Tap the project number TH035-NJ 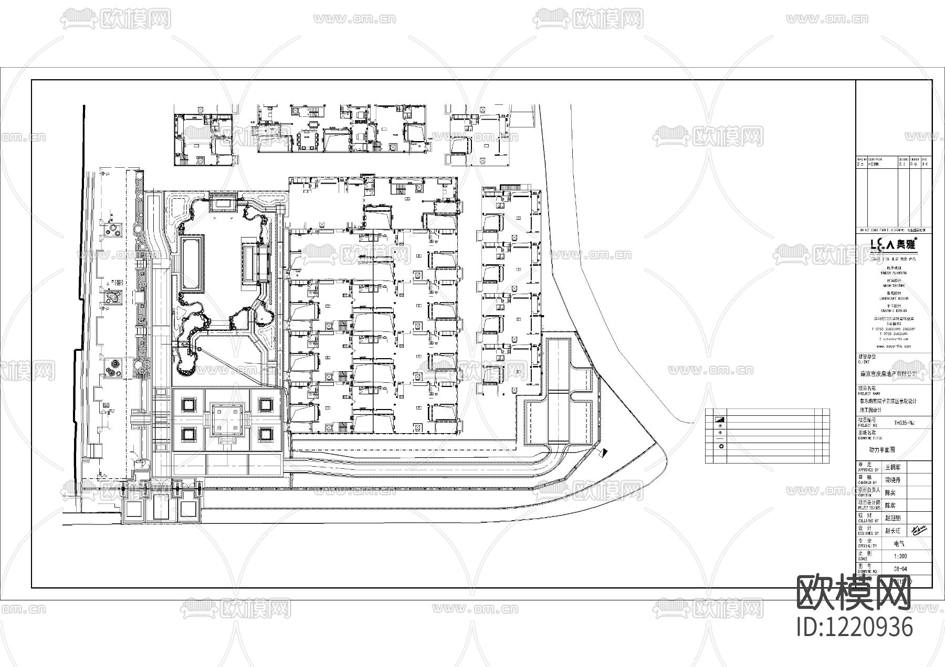(904, 423)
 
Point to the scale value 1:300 (899, 556)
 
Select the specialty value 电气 (899, 544)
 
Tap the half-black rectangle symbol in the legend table (720, 420)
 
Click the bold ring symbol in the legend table (720, 446)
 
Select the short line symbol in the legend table (720, 439)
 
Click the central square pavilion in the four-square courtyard (228, 420)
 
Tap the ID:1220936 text (855, 627)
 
